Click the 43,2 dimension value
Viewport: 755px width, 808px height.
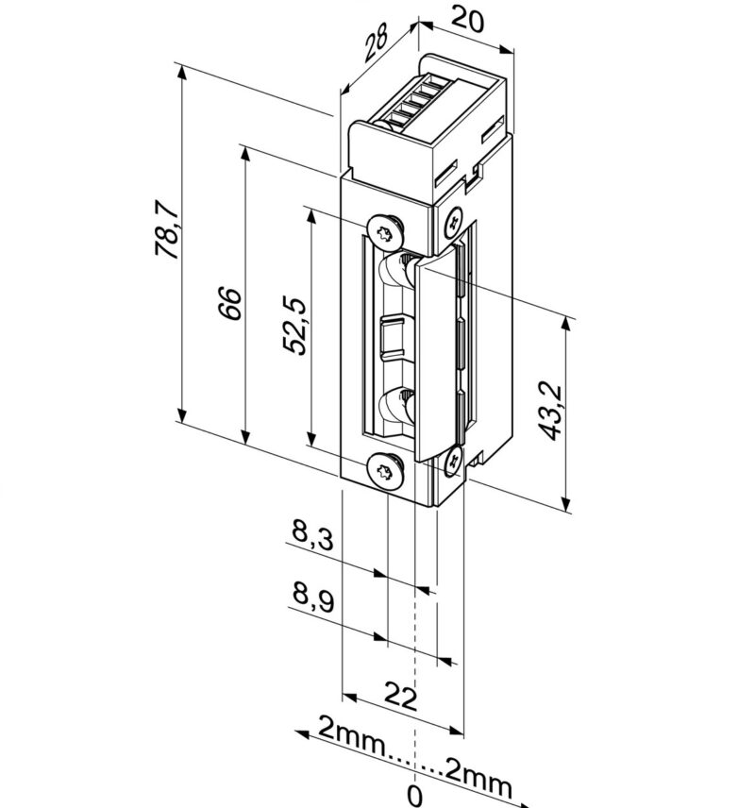tap(553, 411)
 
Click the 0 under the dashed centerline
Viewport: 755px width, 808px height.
tap(414, 795)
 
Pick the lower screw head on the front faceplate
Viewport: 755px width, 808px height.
tap(384, 469)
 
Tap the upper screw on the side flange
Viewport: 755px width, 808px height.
tap(453, 222)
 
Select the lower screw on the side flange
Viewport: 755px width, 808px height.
tap(453, 461)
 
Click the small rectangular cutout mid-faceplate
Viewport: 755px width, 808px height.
tap(391, 337)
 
